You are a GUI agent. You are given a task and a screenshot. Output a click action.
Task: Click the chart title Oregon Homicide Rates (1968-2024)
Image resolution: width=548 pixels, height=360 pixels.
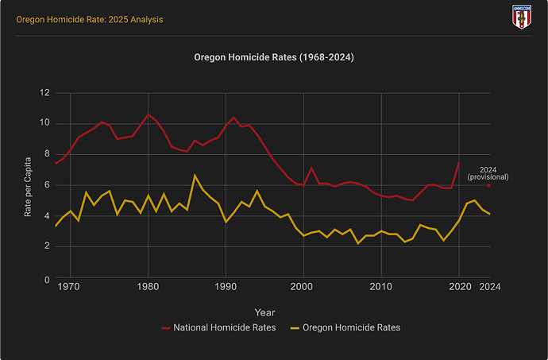(274, 58)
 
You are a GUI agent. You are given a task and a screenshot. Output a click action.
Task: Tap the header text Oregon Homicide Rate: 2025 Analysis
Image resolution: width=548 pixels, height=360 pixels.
(83, 18)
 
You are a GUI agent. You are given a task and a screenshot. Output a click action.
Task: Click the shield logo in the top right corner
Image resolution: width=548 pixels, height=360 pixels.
(522, 17)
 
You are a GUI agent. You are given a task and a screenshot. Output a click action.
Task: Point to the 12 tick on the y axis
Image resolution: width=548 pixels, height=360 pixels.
(44, 93)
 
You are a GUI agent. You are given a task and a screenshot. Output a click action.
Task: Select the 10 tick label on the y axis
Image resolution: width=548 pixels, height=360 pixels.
(44, 123)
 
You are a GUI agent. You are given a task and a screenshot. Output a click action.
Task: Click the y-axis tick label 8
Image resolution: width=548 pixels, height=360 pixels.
(47, 154)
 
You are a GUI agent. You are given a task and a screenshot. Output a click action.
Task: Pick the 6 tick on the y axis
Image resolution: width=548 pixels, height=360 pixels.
(47, 185)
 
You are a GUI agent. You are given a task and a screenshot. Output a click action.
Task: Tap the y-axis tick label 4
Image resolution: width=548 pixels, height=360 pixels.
(47, 215)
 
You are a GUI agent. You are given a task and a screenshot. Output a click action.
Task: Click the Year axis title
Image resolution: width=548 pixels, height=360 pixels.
(265, 312)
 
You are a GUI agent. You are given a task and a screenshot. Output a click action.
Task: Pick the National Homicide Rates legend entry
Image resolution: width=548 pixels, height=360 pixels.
(218, 327)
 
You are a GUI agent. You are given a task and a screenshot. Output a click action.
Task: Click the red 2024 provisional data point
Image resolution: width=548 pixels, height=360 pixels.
(489, 185)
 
